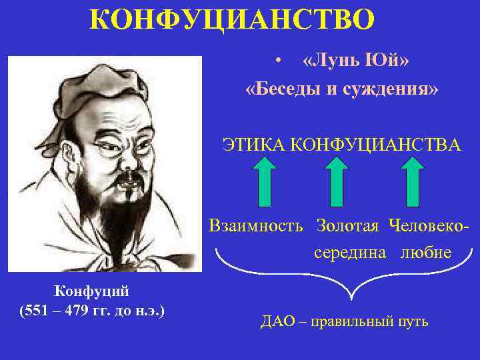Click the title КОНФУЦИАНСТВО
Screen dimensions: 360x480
tap(232, 21)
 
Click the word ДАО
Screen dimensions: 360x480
tap(274, 322)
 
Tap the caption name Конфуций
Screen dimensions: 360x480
tap(92, 291)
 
